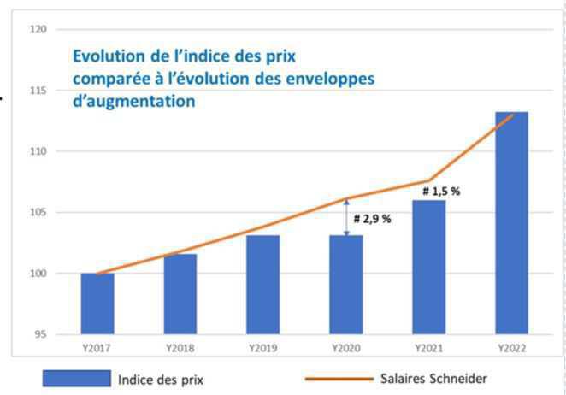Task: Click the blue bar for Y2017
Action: (97, 304)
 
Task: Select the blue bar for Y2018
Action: (180, 294)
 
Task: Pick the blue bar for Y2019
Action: (263, 285)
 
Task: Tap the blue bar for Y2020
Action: (346, 285)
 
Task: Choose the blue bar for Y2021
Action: (429, 267)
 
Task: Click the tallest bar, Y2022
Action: (512, 223)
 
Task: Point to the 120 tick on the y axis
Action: (38, 30)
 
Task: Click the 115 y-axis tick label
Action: (38, 91)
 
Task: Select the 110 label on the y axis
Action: (38, 151)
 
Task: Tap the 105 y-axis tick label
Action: (38, 213)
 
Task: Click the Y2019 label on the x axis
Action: (263, 348)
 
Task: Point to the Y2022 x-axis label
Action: (512, 348)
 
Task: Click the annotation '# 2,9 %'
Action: (372, 219)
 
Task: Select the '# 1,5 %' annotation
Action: (441, 192)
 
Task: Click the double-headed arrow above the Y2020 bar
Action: (346, 216)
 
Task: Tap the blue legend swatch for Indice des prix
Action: (78, 378)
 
